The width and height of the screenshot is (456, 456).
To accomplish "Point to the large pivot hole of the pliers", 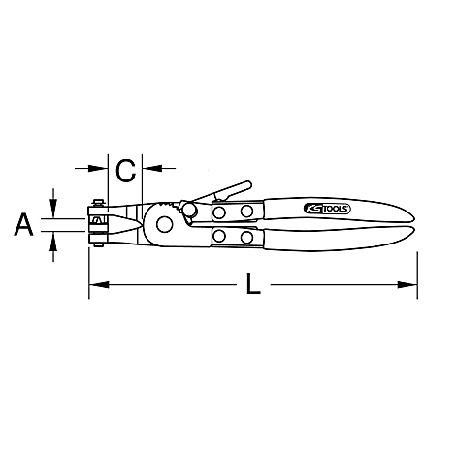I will [161, 224].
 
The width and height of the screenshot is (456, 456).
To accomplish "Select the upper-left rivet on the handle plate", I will [220, 212].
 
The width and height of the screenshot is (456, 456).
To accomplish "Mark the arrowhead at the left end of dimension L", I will [97, 286].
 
